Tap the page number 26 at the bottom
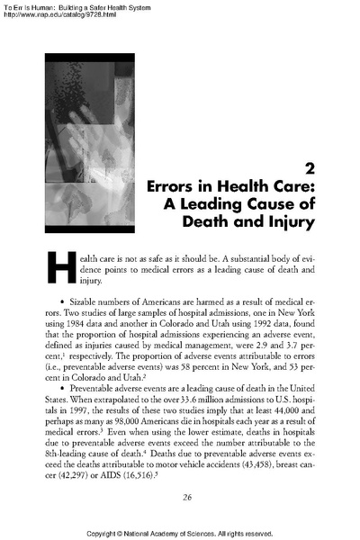(188, 496)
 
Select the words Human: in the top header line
(49, 6)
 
